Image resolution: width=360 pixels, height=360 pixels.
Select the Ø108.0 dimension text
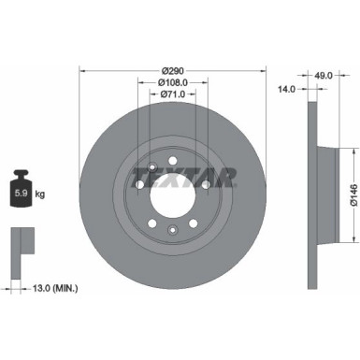pos(171,82)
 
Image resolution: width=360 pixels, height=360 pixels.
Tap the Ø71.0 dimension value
pos(171,94)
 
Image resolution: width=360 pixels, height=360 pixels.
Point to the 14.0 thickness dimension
pos(287,90)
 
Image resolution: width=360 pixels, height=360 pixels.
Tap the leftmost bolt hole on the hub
pos(139,185)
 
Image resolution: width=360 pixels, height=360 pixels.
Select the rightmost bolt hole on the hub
pos(205,185)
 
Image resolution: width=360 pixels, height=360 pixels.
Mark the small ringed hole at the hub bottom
pos(172,230)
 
